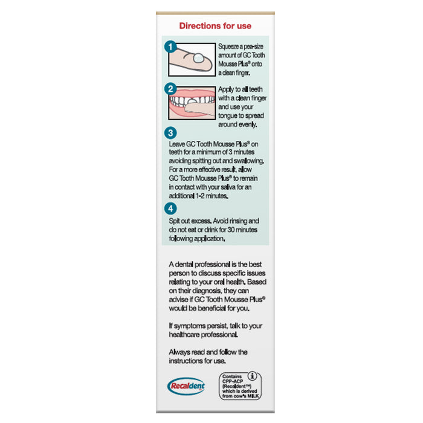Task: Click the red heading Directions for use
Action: click(x=215, y=26)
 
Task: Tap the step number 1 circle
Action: click(x=171, y=47)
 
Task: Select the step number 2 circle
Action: click(x=171, y=88)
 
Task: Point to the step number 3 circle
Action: click(x=171, y=133)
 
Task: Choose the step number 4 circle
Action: click(x=171, y=208)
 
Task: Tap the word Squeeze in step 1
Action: click(x=230, y=46)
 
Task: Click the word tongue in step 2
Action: click(x=230, y=115)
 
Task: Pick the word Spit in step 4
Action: click(x=175, y=222)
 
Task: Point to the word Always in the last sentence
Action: click(x=181, y=352)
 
